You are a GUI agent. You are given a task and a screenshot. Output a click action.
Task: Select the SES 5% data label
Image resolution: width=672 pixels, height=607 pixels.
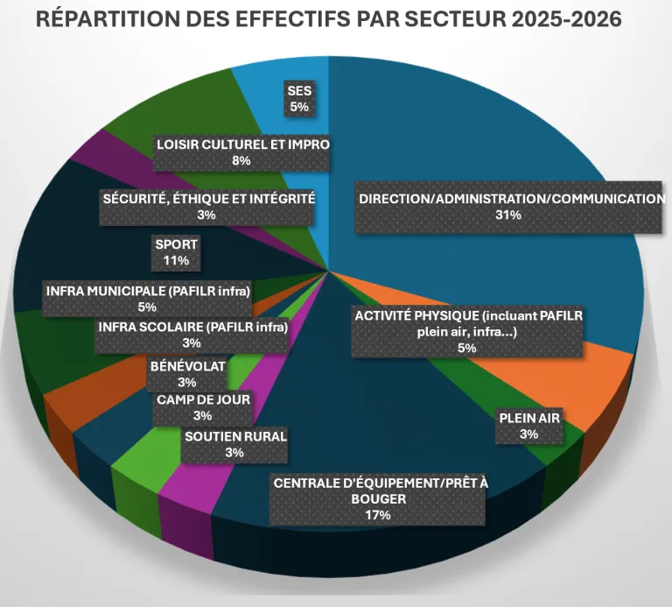point(299,97)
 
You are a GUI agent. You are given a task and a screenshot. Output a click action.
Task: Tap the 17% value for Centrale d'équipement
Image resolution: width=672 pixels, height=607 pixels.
point(378,516)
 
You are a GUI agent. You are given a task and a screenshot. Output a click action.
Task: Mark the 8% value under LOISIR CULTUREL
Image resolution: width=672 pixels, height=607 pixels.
point(241,161)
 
